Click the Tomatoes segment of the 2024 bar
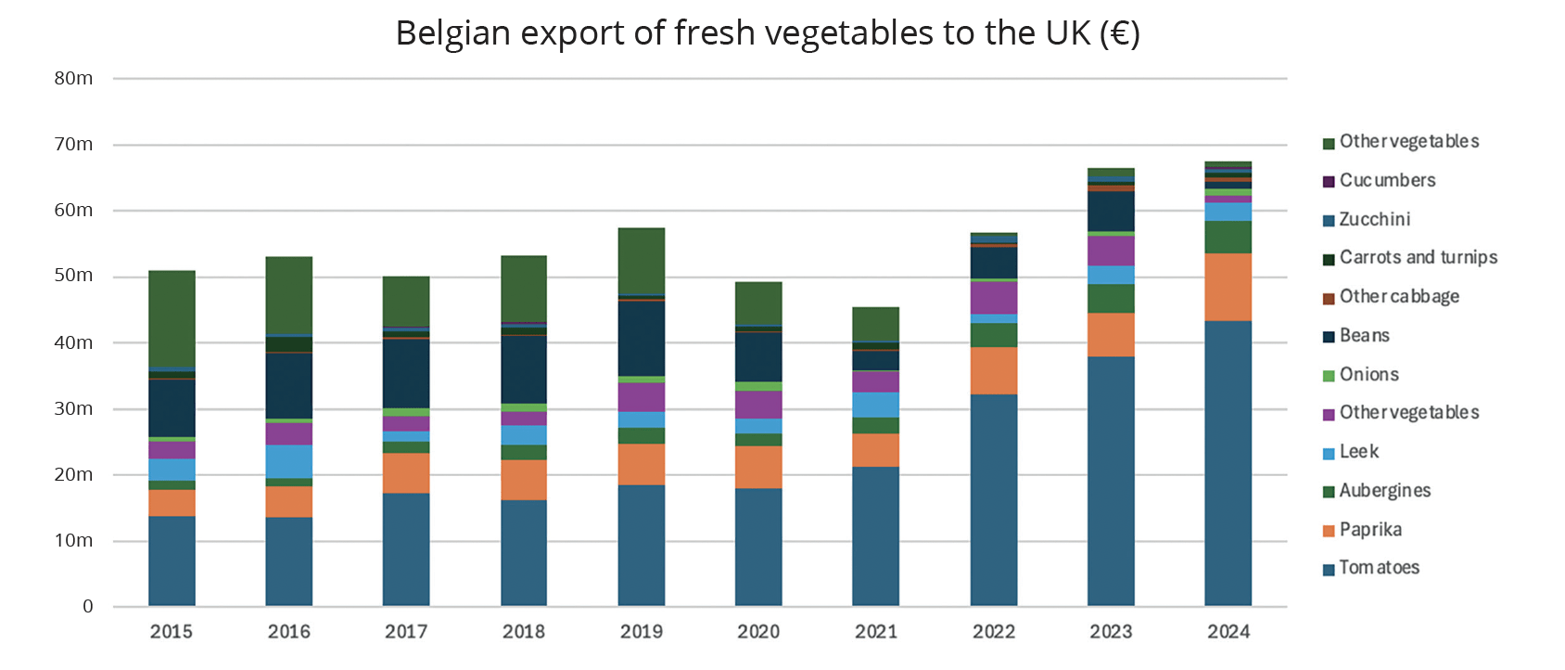point(1228,464)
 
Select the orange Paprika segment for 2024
point(1228,287)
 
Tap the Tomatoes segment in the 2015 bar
point(172,560)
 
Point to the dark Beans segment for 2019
point(641,339)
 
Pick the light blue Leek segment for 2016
point(288,461)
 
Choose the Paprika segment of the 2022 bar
point(993,370)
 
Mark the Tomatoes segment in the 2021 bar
point(875,536)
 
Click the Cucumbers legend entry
point(1387,180)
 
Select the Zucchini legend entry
point(1374,219)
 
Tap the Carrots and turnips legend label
point(1418,257)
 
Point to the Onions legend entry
point(1368,374)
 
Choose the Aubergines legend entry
point(1384,490)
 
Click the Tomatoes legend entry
point(1379,567)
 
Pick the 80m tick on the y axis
point(73,78)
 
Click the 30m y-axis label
point(73,408)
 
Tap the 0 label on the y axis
point(88,606)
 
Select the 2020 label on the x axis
point(758,632)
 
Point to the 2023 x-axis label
point(1111,632)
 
